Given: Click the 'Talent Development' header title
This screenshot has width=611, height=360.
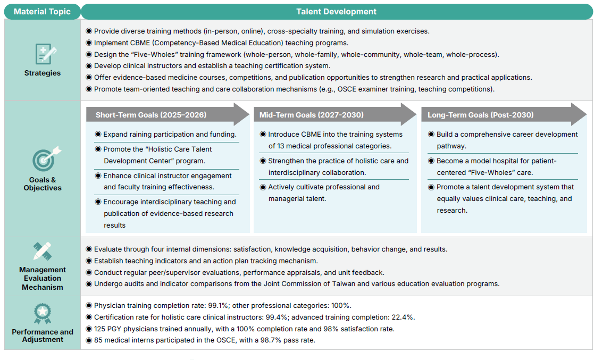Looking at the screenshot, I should pyautogui.click(x=336, y=12).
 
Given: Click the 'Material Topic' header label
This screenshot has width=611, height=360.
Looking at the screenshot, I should pyautogui.click(x=42, y=12).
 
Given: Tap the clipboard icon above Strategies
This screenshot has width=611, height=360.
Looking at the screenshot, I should pyautogui.click(x=43, y=54).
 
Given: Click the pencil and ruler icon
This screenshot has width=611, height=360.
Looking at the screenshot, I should pyautogui.click(x=43, y=251).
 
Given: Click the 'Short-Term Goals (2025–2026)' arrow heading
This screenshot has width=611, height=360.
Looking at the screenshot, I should pyautogui.click(x=151, y=115).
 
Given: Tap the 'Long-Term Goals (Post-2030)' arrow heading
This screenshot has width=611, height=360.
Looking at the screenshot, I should pyautogui.click(x=480, y=115).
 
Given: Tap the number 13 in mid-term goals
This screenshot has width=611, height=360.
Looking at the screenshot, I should pyautogui.click(x=281, y=146).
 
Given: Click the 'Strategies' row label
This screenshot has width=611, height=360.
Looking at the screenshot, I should pyautogui.click(x=43, y=73).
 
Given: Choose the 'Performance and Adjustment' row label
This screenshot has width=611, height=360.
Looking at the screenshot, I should pyautogui.click(x=43, y=336).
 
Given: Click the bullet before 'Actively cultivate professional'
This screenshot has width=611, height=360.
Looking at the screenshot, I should pyautogui.click(x=263, y=187).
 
